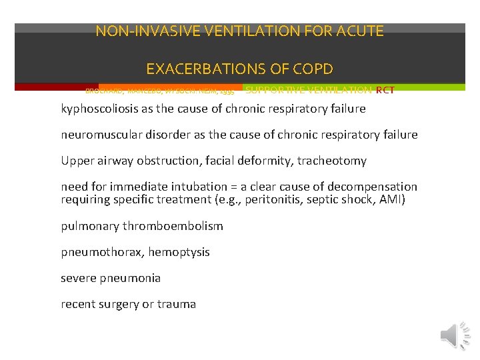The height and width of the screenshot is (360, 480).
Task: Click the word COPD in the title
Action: [x=311, y=69]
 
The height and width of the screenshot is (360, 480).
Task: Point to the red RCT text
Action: [x=385, y=90]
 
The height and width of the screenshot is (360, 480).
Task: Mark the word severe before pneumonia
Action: [x=78, y=278]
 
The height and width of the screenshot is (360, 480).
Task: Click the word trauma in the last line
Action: [x=177, y=304]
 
